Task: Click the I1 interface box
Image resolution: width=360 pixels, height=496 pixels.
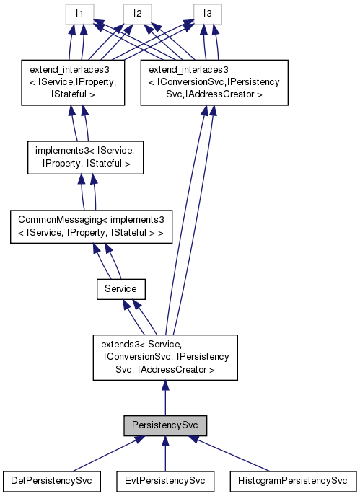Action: point(79,14)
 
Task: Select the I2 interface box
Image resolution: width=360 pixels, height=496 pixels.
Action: point(136,14)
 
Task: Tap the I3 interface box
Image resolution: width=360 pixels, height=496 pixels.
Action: point(207,14)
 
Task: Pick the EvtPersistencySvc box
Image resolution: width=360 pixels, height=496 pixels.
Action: point(165,479)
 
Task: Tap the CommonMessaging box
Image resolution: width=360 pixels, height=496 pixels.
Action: point(90,226)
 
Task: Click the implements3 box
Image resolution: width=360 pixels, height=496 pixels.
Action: point(85,158)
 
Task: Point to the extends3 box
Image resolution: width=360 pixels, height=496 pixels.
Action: point(165,358)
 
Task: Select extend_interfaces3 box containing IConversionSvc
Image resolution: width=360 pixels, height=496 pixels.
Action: point(214,82)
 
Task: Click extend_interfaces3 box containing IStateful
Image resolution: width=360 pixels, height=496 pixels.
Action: point(74,82)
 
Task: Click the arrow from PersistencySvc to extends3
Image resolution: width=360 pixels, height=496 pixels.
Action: point(165,397)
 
